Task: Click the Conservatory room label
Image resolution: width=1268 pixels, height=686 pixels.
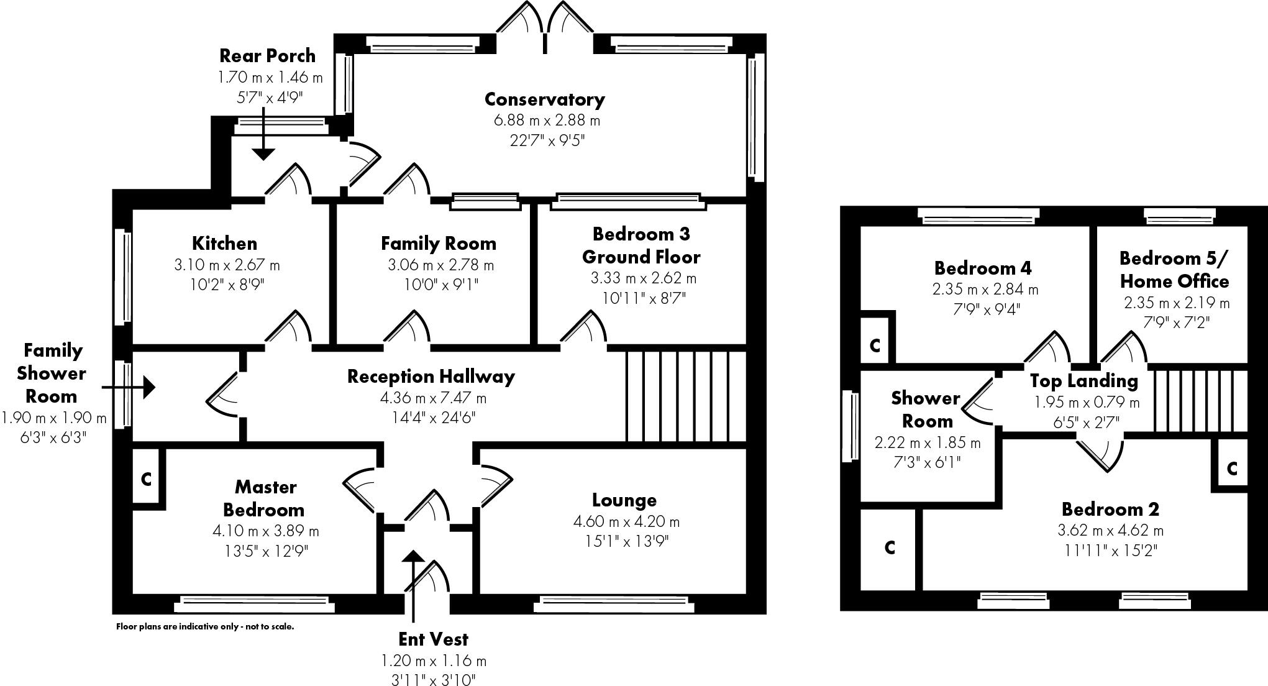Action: [x=544, y=99]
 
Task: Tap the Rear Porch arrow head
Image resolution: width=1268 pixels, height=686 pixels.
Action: [x=263, y=153]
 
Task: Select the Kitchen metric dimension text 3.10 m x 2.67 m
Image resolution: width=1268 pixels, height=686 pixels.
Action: [x=227, y=265]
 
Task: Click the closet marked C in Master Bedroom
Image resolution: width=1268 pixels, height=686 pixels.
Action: [x=147, y=479]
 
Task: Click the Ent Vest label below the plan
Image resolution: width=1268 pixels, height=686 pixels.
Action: [x=433, y=639]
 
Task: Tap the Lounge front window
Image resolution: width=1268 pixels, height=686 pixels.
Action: [x=614, y=601]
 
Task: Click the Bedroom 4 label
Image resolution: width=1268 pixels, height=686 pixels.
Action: [x=983, y=268]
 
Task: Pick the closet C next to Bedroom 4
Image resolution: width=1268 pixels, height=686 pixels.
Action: [x=875, y=345]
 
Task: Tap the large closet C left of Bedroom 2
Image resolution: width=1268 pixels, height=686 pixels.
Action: [x=889, y=547]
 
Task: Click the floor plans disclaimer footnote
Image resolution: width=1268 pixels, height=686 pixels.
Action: [x=205, y=626]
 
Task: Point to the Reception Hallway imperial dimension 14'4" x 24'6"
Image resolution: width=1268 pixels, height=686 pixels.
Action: [x=433, y=418]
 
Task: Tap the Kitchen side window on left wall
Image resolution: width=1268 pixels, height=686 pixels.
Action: [x=123, y=277]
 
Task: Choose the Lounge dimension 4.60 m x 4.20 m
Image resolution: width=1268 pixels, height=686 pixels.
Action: [x=626, y=522]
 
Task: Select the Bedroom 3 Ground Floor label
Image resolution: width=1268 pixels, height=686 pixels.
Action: [x=641, y=245]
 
